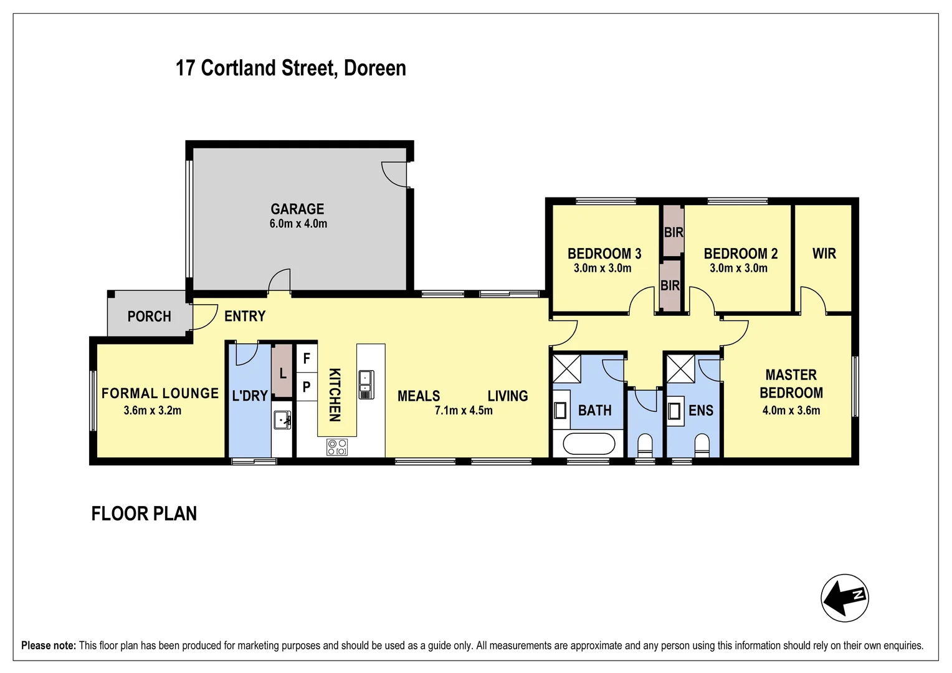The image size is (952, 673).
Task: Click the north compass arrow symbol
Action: (x=844, y=598)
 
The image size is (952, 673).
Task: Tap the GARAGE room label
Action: (x=297, y=209)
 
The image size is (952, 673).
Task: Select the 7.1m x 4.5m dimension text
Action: (x=464, y=411)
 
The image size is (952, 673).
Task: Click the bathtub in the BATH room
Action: (x=589, y=444)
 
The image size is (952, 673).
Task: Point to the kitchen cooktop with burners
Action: (x=337, y=447)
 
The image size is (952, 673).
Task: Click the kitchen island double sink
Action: (x=366, y=384)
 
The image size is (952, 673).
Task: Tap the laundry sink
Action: (x=282, y=420)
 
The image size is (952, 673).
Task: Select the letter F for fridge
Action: (x=307, y=358)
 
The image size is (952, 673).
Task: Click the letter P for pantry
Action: (x=307, y=387)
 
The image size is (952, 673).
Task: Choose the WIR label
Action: (x=824, y=254)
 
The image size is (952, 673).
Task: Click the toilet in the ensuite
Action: (x=702, y=446)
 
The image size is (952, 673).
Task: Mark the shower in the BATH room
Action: (x=567, y=368)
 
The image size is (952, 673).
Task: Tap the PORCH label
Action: (x=149, y=317)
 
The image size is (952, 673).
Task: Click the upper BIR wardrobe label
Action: (x=674, y=232)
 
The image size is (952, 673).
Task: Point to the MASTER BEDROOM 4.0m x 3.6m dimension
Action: (x=791, y=411)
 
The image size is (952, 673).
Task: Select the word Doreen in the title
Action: (x=374, y=68)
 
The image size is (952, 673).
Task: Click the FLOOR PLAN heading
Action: (x=144, y=513)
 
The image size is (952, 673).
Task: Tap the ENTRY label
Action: (x=245, y=317)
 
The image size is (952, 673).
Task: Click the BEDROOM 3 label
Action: (x=604, y=254)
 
